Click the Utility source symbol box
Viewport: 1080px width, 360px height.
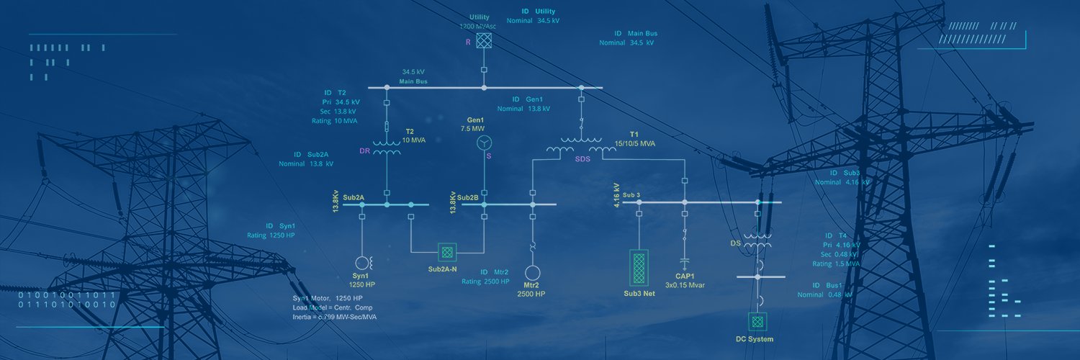click(x=485, y=40)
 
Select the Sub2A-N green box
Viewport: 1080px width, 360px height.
click(x=448, y=252)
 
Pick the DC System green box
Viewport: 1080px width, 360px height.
click(x=756, y=321)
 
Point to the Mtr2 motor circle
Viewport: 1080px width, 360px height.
click(x=533, y=274)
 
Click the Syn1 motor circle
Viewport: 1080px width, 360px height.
click(x=361, y=264)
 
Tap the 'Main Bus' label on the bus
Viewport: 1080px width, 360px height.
click(x=413, y=81)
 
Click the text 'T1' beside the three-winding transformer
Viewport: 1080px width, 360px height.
click(x=634, y=135)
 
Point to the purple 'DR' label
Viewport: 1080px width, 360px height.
click(x=364, y=151)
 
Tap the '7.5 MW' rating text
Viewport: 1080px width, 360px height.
click(x=473, y=128)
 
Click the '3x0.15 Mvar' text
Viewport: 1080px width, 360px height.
click(x=685, y=285)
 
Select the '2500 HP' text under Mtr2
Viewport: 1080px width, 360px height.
click(x=533, y=294)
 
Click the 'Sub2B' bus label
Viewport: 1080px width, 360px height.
click(x=467, y=197)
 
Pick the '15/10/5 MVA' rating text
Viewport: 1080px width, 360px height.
click(x=635, y=143)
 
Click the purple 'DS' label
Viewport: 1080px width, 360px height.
click(x=735, y=243)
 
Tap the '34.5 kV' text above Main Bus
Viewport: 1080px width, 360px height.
click(x=413, y=72)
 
